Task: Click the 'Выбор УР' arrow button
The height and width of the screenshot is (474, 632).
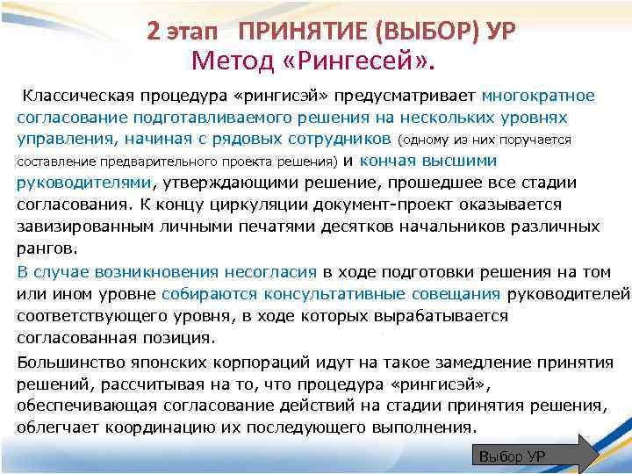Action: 534,456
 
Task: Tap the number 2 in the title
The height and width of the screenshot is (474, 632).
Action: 154,32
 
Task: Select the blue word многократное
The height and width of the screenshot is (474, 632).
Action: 544,95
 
